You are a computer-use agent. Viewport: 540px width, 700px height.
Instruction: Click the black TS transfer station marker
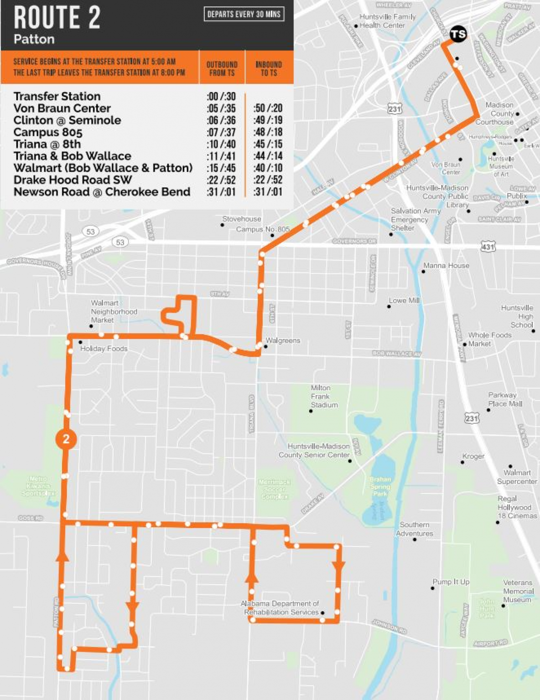click(458, 34)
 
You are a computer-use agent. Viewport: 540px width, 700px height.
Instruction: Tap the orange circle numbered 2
click(66, 439)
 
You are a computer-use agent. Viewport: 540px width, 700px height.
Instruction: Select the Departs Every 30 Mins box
click(244, 14)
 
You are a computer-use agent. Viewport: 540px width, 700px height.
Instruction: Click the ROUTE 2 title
click(57, 18)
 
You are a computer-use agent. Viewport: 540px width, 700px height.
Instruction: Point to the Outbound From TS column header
click(222, 68)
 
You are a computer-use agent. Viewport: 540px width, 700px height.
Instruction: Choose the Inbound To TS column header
click(269, 68)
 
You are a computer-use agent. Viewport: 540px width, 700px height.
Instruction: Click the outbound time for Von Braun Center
click(221, 108)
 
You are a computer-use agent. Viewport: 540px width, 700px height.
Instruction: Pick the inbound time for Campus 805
click(268, 132)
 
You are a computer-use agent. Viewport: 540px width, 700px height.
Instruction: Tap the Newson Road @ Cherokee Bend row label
click(102, 192)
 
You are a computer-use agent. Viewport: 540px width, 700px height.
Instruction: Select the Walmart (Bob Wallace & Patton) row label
click(103, 168)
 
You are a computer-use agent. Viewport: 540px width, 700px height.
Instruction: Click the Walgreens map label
click(283, 340)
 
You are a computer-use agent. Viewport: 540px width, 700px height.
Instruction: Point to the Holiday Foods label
click(104, 349)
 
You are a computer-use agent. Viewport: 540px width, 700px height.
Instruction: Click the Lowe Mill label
click(404, 301)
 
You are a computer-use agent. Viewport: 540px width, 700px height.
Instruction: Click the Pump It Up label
click(451, 582)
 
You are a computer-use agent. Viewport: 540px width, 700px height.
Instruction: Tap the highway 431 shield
click(488, 247)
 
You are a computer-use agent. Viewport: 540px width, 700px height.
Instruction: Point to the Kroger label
click(473, 456)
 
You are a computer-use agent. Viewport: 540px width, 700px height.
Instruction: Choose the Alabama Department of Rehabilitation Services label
click(281, 608)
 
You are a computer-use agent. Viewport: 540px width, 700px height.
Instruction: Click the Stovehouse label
click(241, 219)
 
